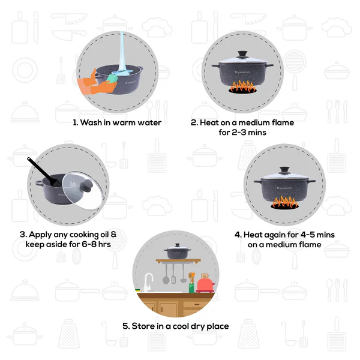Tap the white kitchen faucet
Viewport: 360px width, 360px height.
coord(149,281)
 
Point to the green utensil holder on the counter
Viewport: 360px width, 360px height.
coord(191,287)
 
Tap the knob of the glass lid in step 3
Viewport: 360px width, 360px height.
coord(90,185)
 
